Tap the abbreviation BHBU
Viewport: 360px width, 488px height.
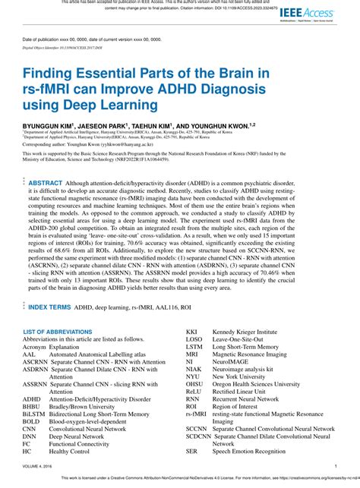pyautogui.click(x=32, y=406)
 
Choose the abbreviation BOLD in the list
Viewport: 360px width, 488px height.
pyautogui.click(x=32, y=421)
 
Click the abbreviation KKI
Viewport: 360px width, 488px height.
pyautogui.click(x=192, y=332)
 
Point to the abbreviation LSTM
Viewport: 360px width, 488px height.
pyautogui.click(x=194, y=347)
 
